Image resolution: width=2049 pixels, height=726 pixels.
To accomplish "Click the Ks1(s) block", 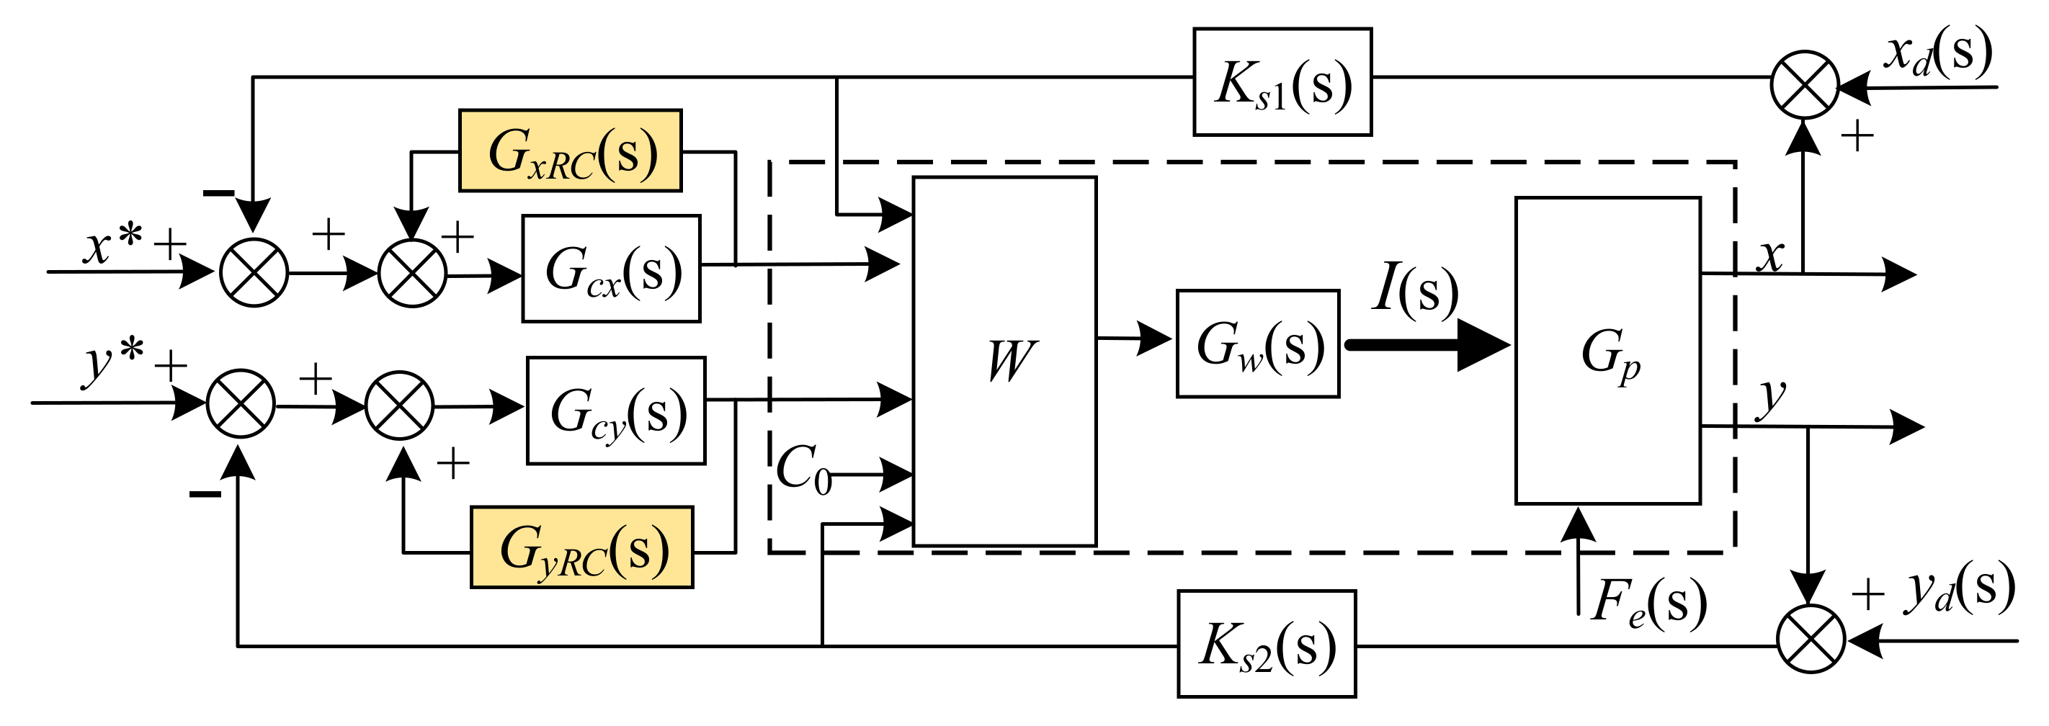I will pos(1282,82).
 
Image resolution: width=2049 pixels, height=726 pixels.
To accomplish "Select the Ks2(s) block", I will pos(1267,644).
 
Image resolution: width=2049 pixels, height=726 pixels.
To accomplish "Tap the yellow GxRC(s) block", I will pos(571,151).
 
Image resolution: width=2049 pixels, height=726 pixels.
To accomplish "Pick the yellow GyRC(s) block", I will pos(581,547).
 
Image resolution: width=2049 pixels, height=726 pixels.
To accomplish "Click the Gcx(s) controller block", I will pos(611,269).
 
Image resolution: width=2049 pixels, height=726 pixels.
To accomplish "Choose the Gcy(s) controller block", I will pos(616,411).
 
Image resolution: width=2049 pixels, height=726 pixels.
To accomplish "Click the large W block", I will pos(1004,362).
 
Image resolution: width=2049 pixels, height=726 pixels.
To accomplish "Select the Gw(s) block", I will pos(1257,344).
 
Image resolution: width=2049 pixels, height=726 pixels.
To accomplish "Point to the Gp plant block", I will pos(1607,351).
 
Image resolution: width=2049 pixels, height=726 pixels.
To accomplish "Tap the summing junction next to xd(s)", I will pos(1805,85).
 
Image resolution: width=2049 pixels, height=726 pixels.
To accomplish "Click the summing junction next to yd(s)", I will pos(1811,639).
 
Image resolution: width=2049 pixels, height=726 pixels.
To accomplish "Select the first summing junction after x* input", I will pos(254,272).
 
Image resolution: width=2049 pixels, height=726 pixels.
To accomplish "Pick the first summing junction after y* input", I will pos(241,404).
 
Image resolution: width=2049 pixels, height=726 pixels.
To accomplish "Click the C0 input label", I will pos(803,469).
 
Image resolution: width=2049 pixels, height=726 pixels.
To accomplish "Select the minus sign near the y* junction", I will pos(205,495).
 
